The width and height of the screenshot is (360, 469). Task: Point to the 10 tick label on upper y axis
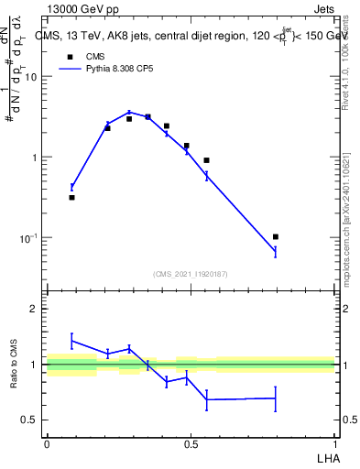31,77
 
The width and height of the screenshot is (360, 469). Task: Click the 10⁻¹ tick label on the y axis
29,238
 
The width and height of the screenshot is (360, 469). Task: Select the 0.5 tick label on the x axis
191,443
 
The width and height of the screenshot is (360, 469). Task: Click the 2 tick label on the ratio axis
35,309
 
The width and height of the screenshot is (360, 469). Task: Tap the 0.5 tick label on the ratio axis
30,420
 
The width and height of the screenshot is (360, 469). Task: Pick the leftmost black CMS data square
71,197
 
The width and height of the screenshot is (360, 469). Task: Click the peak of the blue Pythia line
129,113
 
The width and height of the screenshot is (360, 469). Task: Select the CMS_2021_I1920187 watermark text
191,273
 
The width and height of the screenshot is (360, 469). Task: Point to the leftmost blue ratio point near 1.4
71,341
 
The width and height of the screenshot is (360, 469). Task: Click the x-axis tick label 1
334,443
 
